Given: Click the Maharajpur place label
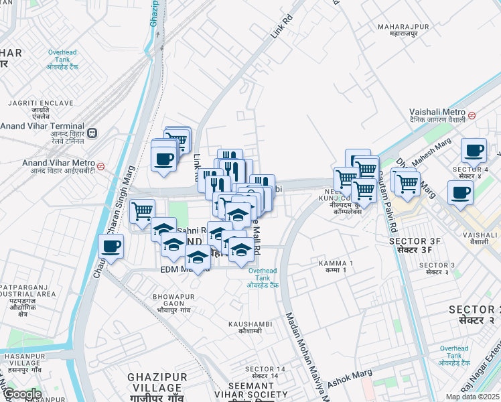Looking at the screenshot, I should coord(398,27).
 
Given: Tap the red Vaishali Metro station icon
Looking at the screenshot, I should coord(473,115).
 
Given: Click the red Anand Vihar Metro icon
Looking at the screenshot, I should coord(101,165).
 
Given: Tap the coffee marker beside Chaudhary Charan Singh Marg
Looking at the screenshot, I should coord(112,247).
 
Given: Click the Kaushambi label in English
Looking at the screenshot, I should coord(249,324).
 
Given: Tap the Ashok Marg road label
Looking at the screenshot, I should coord(348,380).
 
